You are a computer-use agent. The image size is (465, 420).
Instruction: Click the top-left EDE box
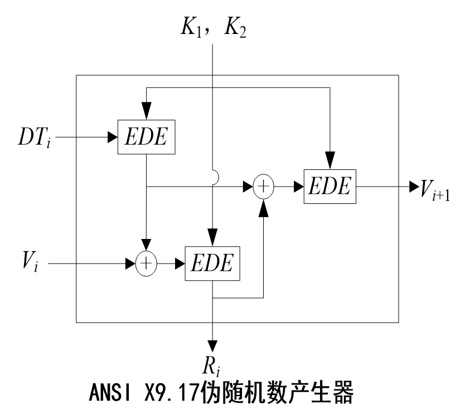pyautogui.click(x=146, y=137)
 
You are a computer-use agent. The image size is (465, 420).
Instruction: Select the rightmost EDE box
pyautogui.click(x=330, y=186)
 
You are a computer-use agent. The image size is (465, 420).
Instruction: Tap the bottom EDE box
pyautogui.click(x=212, y=263)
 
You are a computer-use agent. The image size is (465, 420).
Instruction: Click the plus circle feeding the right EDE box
pyautogui.click(x=264, y=187)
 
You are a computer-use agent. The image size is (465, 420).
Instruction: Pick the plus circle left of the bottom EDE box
pyautogui.click(x=146, y=263)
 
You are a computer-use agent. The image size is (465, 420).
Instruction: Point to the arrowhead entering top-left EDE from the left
pyautogui.click(x=113, y=137)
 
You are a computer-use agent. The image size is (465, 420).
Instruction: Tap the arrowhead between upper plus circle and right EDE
pyautogui.click(x=298, y=187)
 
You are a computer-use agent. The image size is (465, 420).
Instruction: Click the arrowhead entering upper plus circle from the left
pyautogui.click(x=249, y=187)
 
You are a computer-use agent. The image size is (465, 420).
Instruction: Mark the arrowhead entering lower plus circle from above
pyautogui.click(x=146, y=246)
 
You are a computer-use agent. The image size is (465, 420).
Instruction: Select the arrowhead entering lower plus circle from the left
pyautogui.click(x=132, y=263)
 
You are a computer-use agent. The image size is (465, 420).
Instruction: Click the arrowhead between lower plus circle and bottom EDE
pyautogui.click(x=180, y=263)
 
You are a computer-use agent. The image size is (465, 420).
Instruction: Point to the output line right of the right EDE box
pyautogui.click(x=377, y=187)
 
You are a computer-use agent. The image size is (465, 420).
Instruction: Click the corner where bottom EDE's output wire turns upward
pyautogui.click(x=264, y=298)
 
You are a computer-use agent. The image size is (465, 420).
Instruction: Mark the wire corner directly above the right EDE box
pyautogui.click(x=330, y=87)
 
